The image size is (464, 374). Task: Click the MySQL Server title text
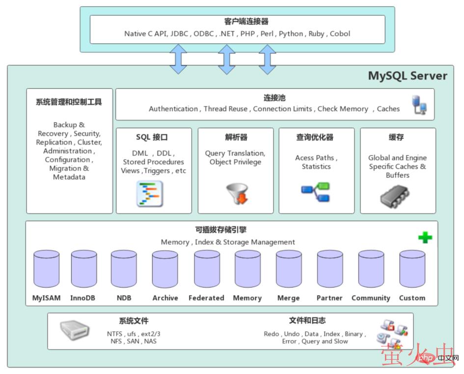pyautogui.click(x=408, y=76)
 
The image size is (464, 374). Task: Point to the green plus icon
pyautogui.click(x=425, y=238)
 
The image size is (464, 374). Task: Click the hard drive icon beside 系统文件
pyautogui.click(x=75, y=331)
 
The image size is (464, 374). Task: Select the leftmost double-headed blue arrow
pyautogui.click(x=178, y=59)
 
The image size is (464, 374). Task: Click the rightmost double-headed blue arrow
pyautogui.click(x=267, y=59)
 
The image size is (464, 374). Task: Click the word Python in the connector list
pyautogui.click(x=291, y=34)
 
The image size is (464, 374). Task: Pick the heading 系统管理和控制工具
pyautogui.click(x=69, y=102)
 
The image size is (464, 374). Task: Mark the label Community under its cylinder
pyautogui.click(x=371, y=298)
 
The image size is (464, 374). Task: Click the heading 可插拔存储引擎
pyautogui.click(x=227, y=230)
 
